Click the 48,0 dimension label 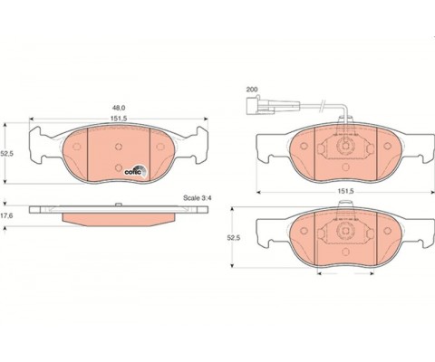119,108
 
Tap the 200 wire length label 252,90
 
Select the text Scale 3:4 198,198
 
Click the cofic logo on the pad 136,171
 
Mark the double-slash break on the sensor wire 323,105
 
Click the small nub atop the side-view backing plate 119,205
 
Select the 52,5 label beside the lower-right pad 234,238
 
